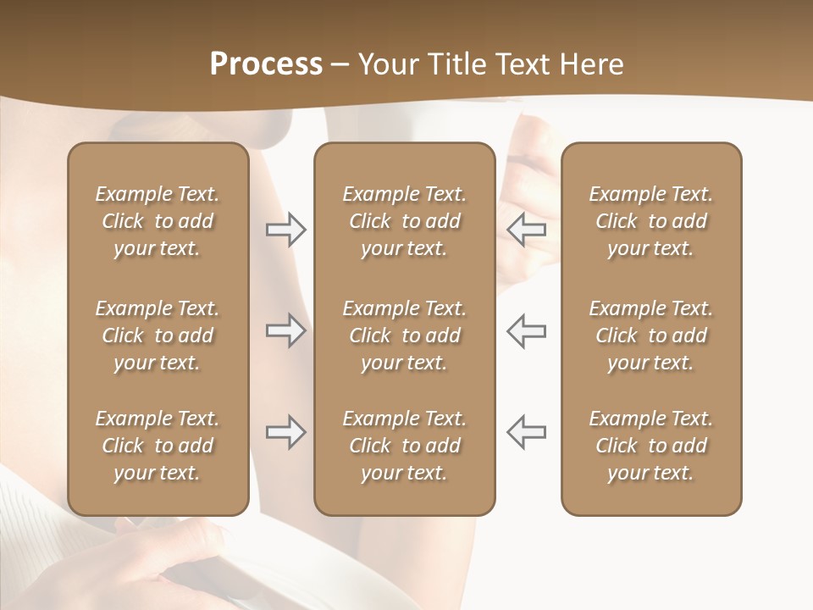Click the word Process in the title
[266, 64]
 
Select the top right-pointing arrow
[285, 230]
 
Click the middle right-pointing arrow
[285, 331]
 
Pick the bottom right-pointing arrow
[285, 432]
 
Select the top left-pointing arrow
[527, 230]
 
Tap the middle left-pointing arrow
[527, 331]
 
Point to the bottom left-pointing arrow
[527, 432]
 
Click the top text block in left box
[158, 221]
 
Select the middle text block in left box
[158, 335]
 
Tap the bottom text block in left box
[158, 446]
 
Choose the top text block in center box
[405, 221]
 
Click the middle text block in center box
[405, 335]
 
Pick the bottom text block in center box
[405, 446]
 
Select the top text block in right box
[651, 221]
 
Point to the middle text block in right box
[651, 335]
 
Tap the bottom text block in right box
[651, 446]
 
